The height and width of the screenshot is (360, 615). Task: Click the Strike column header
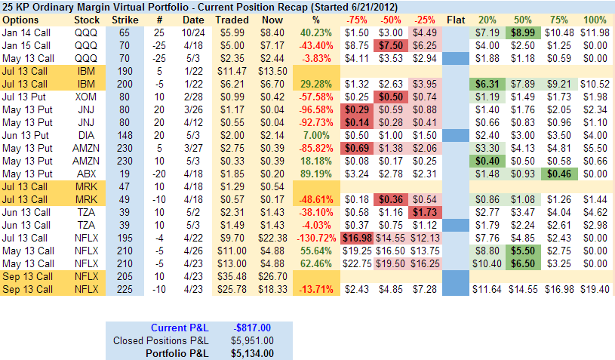pos(125,19)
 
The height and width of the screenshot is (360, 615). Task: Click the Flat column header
pos(456,19)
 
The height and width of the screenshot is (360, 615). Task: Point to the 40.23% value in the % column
pos(315,32)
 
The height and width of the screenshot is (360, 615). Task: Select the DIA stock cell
pos(87,135)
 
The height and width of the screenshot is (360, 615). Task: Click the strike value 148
pos(125,135)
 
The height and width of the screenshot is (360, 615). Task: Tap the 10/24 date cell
pos(193,32)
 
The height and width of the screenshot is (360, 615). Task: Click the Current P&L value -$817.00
pos(254,327)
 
